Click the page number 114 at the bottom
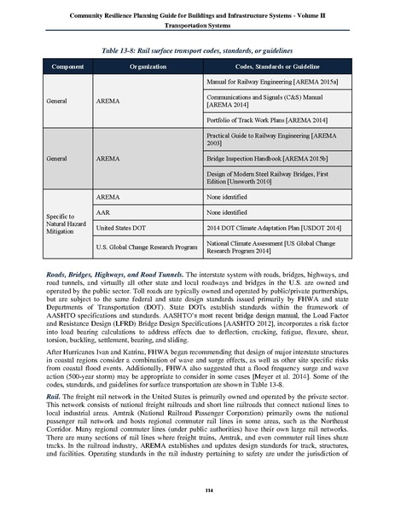(x=197, y=488)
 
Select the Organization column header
(x=148, y=66)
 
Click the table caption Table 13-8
(x=197, y=48)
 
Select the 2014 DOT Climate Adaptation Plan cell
(x=265, y=228)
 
